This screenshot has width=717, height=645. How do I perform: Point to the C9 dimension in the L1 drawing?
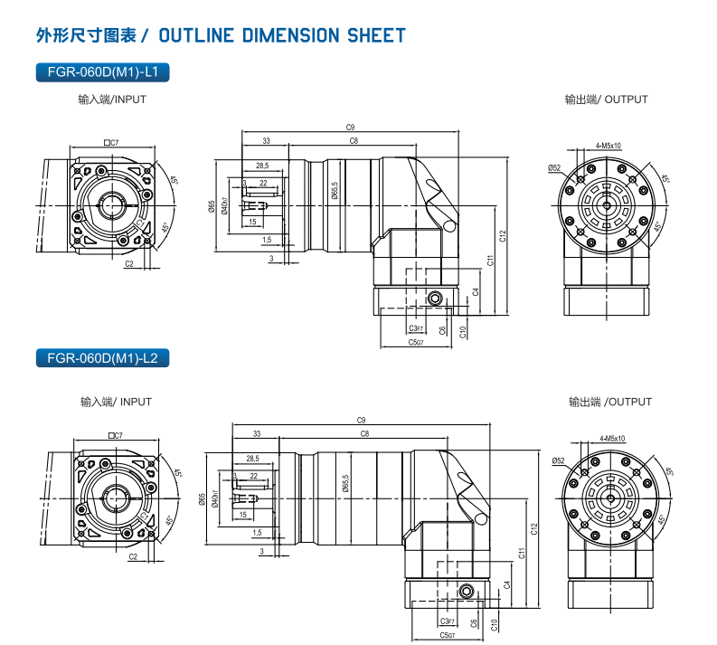click(350, 127)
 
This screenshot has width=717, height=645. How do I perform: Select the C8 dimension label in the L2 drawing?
click(364, 434)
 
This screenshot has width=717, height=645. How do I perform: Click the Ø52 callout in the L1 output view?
click(554, 168)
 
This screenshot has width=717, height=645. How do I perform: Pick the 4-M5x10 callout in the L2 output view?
click(612, 437)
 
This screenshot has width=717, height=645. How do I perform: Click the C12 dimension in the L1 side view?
click(503, 236)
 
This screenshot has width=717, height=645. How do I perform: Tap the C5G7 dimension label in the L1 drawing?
click(415, 342)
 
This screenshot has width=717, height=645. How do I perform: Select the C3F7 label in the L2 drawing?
click(447, 621)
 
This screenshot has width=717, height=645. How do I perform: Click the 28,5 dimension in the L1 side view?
click(262, 166)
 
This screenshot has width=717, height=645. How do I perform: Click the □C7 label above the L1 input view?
click(112, 143)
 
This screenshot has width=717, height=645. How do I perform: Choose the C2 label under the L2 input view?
click(133, 557)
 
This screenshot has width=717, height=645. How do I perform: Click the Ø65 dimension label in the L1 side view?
click(211, 208)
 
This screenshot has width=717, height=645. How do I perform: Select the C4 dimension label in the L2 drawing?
click(507, 583)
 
